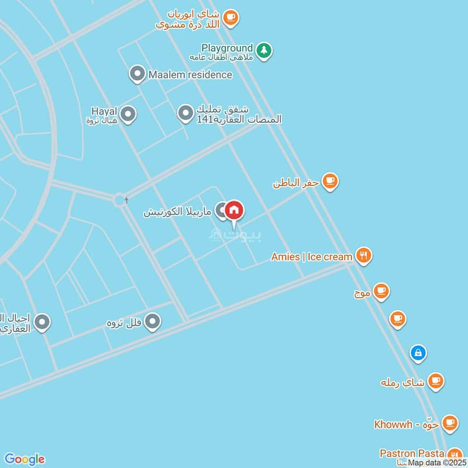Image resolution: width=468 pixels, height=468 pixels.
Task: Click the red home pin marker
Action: click(x=234, y=210)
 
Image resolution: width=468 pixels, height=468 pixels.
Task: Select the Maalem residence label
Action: click(x=190, y=74)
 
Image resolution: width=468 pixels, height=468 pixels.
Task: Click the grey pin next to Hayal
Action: click(x=128, y=114)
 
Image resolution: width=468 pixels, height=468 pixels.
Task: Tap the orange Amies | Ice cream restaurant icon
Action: click(x=364, y=256)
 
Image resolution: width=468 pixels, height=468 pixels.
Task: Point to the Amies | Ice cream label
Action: click(x=312, y=256)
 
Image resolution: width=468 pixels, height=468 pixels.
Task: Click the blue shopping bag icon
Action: click(x=418, y=352)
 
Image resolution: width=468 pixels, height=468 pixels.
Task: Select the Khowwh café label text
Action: click(x=407, y=424)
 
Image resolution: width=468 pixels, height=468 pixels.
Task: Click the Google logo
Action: click(x=24, y=459)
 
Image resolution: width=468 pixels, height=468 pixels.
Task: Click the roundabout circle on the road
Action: click(x=121, y=201)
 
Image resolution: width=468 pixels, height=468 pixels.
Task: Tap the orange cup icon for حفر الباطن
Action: click(x=331, y=182)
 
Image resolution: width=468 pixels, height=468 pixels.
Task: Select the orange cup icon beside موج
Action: click(x=381, y=290)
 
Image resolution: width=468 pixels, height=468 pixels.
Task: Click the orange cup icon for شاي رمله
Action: click(x=435, y=381)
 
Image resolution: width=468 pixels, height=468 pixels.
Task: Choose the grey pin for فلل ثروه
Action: click(x=153, y=321)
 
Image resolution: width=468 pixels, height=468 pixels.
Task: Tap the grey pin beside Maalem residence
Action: click(x=137, y=74)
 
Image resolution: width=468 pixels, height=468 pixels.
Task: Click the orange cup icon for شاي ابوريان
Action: click(x=230, y=18)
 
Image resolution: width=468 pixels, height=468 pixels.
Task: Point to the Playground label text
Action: click(x=227, y=47)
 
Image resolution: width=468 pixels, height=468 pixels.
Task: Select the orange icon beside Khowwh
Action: click(x=449, y=422)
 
